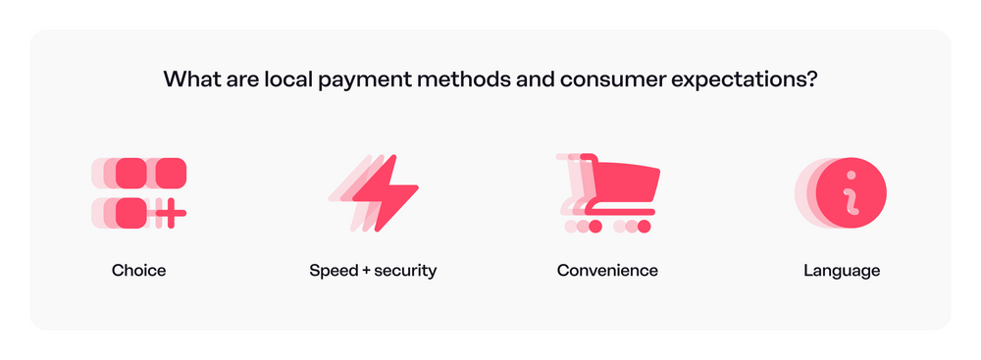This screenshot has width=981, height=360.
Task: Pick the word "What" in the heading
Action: [x=186, y=80]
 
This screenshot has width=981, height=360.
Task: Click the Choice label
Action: [x=138, y=271]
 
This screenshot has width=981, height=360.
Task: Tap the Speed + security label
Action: [x=373, y=271]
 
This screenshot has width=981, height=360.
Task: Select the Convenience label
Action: [x=607, y=271]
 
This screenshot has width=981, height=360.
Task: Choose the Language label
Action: [x=842, y=271]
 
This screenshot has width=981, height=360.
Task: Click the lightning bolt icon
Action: [x=385, y=192]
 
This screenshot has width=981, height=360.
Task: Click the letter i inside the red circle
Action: [x=851, y=190]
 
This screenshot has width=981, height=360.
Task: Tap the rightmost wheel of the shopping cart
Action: [x=644, y=227]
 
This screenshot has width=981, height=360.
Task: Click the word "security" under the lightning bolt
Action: [x=404, y=271]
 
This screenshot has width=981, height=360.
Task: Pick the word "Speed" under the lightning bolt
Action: [x=332, y=271]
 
